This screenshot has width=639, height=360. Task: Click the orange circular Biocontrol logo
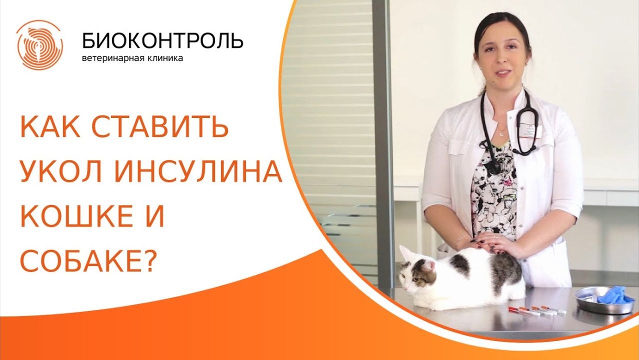tap(39, 44)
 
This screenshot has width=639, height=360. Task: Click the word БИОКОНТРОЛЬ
tap(162, 40)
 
